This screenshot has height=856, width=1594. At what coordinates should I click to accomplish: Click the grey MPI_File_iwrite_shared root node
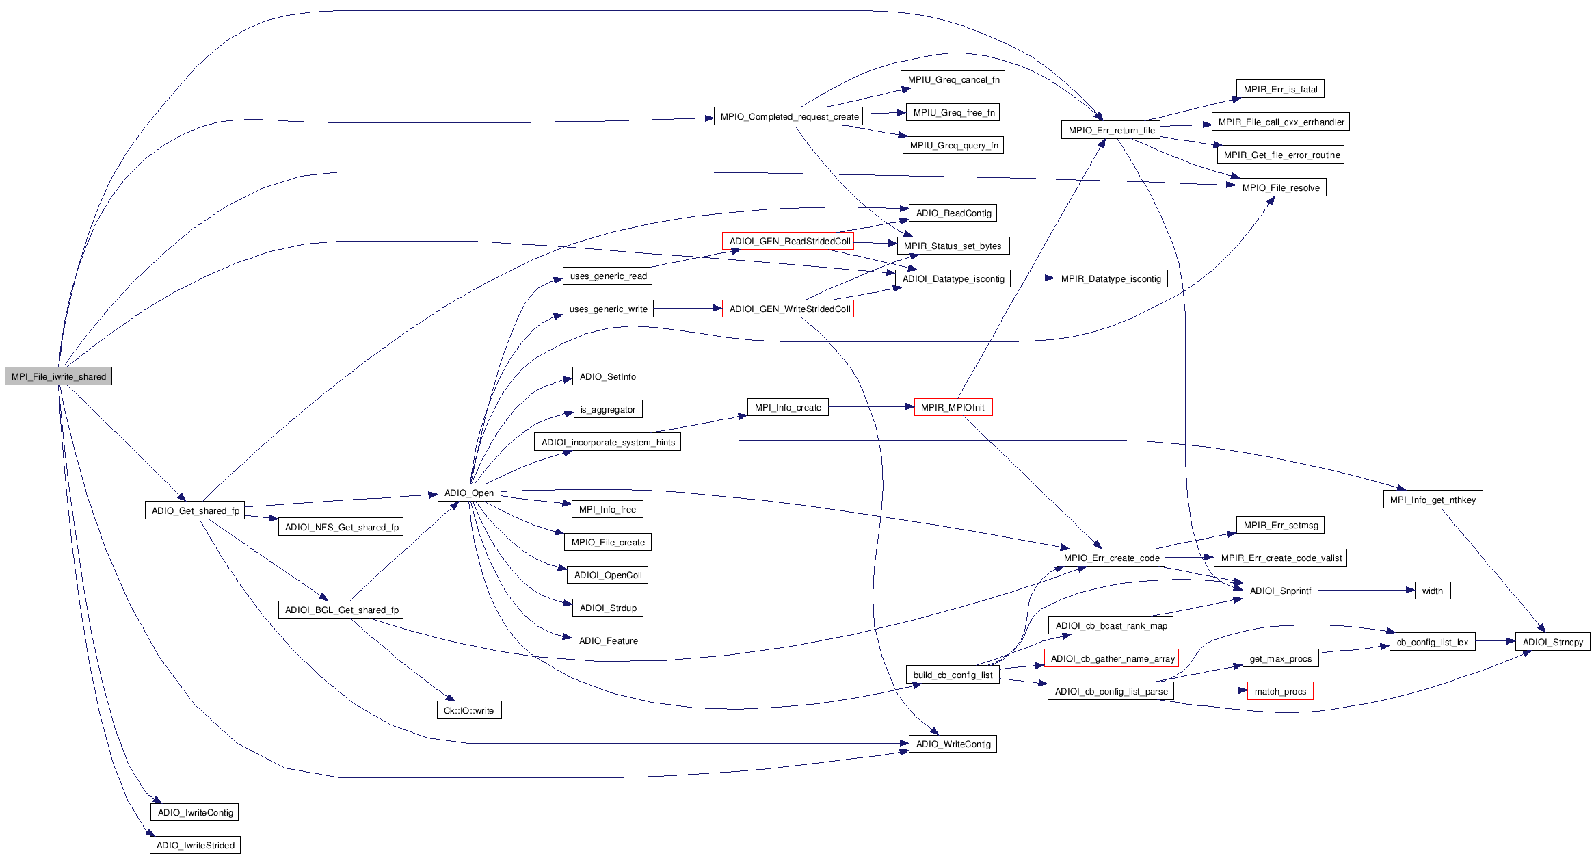(58, 376)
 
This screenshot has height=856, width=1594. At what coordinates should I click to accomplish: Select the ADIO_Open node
(469, 493)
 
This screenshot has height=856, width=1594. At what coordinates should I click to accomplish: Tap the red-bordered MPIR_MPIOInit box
(953, 407)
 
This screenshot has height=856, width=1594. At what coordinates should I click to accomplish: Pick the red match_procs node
(1280, 691)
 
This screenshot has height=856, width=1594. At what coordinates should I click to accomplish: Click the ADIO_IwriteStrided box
(195, 845)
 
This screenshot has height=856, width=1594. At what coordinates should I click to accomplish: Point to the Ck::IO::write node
(468, 710)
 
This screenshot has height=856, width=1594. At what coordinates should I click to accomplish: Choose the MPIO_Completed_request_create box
(788, 116)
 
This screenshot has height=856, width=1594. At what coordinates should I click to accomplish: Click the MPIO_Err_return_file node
(1111, 130)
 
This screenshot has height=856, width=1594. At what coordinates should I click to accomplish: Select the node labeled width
(1432, 591)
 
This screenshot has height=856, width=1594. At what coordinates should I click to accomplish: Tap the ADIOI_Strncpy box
(1552, 642)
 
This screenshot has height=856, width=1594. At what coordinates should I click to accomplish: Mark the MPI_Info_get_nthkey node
(1433, 500)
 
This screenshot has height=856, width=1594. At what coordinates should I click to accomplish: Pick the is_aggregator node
(608, 409)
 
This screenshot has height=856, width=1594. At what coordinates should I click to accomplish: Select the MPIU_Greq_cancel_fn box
(953, 79)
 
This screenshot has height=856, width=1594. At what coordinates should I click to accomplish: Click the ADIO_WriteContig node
(953, 744)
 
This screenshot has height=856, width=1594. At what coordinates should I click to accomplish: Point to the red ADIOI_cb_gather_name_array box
(1111, 658)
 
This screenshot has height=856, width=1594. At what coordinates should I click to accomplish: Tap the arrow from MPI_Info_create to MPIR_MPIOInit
(871, 407)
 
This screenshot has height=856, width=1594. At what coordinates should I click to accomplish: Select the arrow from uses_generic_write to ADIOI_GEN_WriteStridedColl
(687, 309)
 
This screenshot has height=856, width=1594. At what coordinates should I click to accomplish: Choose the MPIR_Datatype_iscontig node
(1111, 278)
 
